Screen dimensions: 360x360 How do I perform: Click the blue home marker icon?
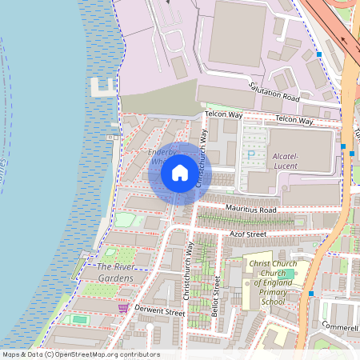[x=179, y=173]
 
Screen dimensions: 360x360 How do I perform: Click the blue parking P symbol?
[x=253, y=155]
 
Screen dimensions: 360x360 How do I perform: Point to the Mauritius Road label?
[x=250, y=210]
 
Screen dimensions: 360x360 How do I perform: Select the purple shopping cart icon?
[x=122, y=307]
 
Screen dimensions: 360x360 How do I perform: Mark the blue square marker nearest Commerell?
[x=311, y=294]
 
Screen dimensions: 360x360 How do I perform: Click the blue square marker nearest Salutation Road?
[x=318, y=54]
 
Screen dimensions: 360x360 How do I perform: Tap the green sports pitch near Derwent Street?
[x=79, y=320]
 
